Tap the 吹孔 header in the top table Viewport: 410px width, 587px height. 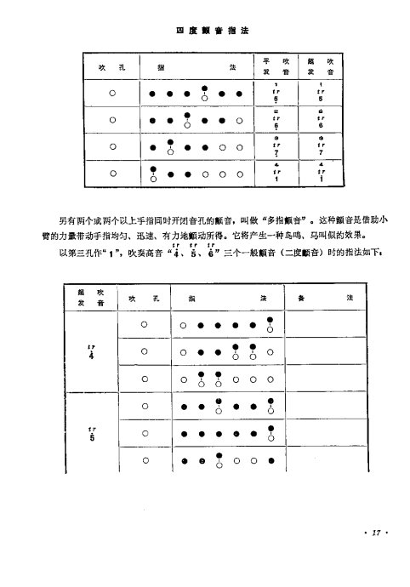tap(111, 66)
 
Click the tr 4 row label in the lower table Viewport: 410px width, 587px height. tap(91, 350)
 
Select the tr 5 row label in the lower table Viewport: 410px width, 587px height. tap(91, 434)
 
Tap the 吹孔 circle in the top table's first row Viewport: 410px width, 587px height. tap(111, 94)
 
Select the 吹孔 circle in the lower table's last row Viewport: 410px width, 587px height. tap(145, 462)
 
